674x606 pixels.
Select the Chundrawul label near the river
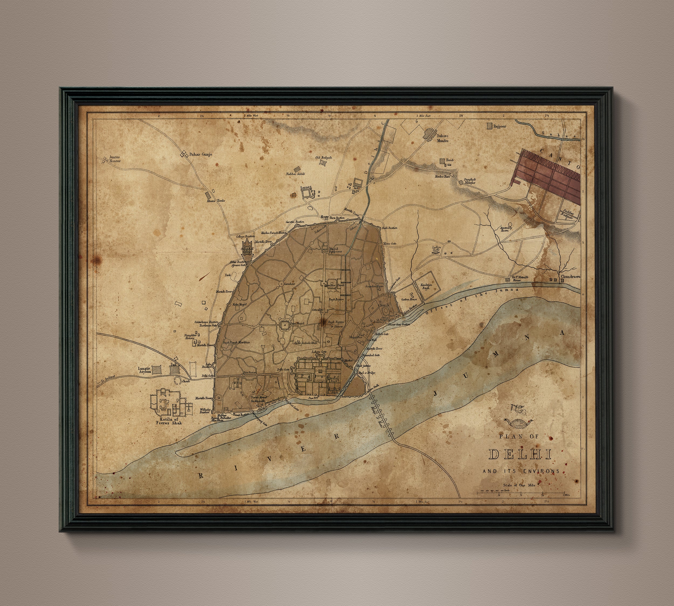point(571,277)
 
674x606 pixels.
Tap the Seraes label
point(306,188)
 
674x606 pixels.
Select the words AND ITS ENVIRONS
point(521,471)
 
